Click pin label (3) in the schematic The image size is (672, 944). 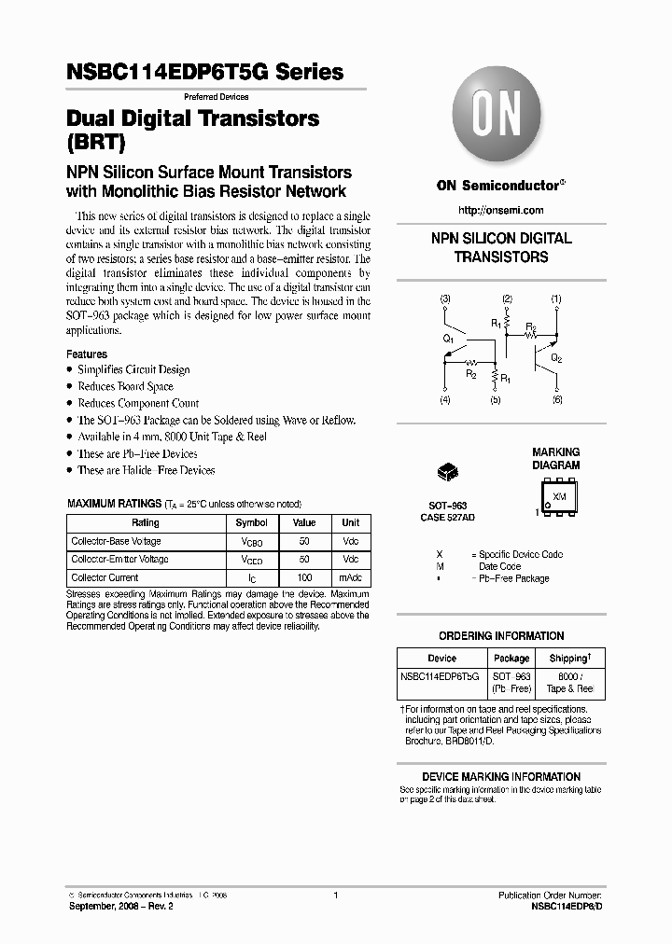445,299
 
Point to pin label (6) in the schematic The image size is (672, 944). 557,400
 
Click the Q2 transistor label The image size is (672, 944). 556,357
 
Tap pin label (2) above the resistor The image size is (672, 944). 507,299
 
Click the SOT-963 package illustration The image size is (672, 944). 447,472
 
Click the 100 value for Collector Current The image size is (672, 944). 304,578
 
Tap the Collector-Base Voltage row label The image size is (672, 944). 117,541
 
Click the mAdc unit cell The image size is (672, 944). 350,578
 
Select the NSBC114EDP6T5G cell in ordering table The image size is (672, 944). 440,675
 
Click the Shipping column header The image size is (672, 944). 568,658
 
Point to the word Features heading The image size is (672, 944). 87,354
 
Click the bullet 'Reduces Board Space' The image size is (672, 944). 125,387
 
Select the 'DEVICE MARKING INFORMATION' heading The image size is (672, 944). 501,777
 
